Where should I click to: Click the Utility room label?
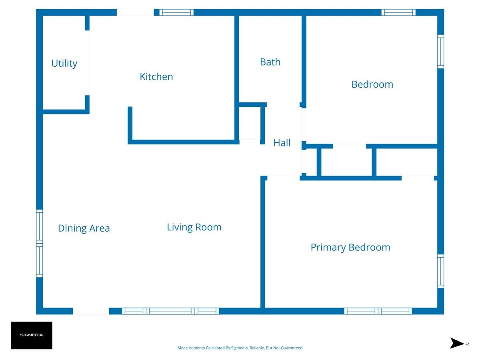[x=64, y=64]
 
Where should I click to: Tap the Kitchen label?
[x=156, y=77]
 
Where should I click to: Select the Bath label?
[x=270, y=62]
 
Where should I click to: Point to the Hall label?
[x=282, y=143]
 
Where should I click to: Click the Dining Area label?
[x=84, y=228]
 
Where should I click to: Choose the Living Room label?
[x=194, y=227]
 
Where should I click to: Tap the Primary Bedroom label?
[x=350, y=248]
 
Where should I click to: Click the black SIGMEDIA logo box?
[x=32, y=335]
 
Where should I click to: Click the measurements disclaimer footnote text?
[x=240, y=348]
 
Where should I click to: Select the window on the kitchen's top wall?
[x=176, y=12]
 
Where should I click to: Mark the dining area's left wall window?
[x=39, y=243]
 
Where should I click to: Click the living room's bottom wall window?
[x=170, y=311]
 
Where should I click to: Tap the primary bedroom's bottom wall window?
[x=378, y=311]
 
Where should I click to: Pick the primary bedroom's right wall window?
[x=441, y=271]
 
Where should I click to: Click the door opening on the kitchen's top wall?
[x=135, y=12]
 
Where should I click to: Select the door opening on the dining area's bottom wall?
[x=91, y=311]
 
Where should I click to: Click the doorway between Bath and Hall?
[x=283, y=105]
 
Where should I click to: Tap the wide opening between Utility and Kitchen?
[x=87, y=63]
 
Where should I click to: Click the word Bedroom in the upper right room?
[x=372, y=84]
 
